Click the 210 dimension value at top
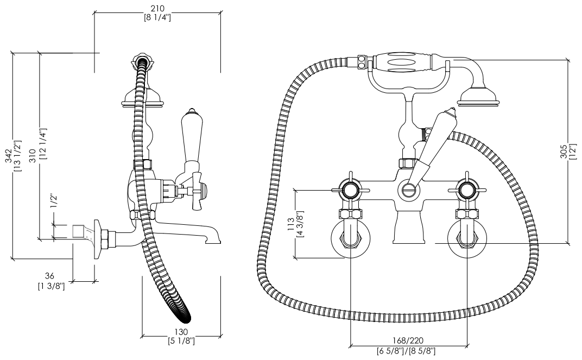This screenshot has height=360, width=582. [157, 8]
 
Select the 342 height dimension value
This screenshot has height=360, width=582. [8, 156]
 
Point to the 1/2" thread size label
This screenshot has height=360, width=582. [54, 201]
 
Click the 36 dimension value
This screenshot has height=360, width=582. [49, 276]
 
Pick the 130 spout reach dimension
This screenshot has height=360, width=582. [181, 332]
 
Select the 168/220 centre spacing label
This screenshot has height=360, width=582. [408, 340]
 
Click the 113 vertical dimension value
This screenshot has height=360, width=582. [291, 224]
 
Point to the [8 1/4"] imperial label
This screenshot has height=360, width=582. [157, 17]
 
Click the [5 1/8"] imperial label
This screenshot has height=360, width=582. [181, 340]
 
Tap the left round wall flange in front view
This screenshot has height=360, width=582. [350, 239]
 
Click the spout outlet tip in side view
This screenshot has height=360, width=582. [213, 242]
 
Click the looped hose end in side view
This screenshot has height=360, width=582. [183, 315]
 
